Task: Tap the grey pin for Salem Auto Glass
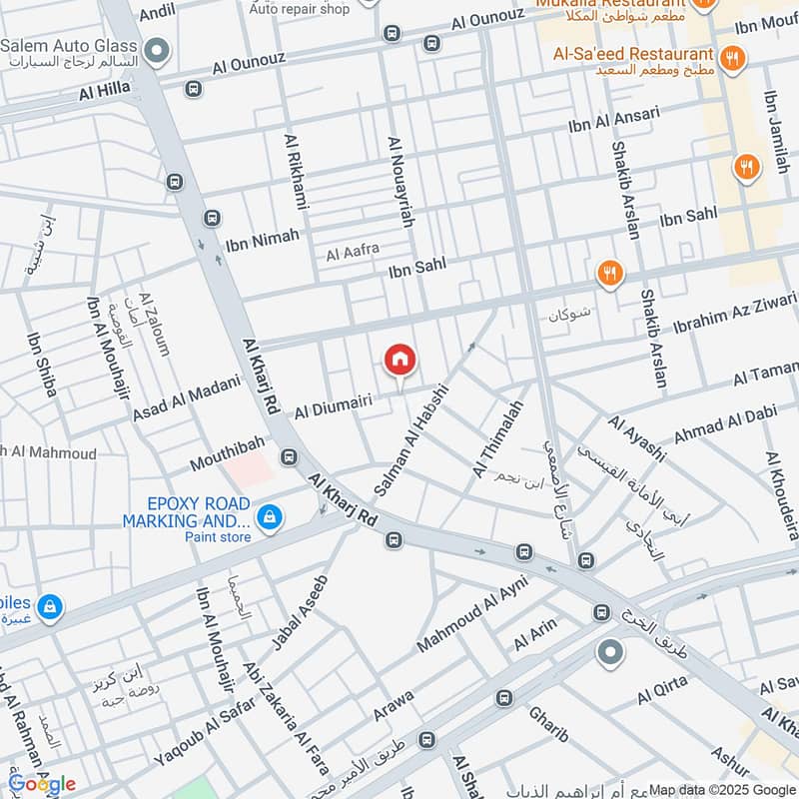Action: pyautogui.click(x=156, y=49)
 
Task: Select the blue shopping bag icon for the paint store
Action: pyautogui.click(x=268, y=516)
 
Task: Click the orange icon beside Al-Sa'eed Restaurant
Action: pyautogui.click(x=732, y=59)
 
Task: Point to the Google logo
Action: pyautogui.click(x=42, y=783)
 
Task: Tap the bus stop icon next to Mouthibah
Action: pyautogui.click(x=290, y=457)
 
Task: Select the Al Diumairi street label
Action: pyautogui.click(x=333, y=405)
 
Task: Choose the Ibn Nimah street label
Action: pyautogui.click(x=263, y=238)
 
